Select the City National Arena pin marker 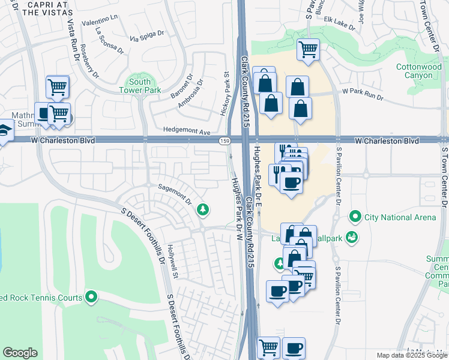[x=355, y=216]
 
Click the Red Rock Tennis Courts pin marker [x=91, y=296]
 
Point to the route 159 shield [x=224, y=140]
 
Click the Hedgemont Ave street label [x=188, y=131]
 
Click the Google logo [x=20, y=353]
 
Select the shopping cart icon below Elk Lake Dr [x=308, y=49]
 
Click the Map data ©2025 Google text [x=411, y=355]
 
